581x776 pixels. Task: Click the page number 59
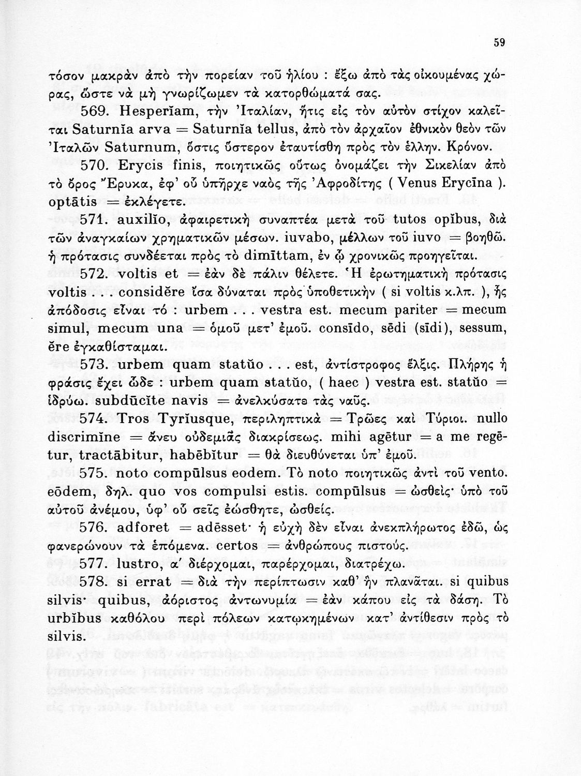click(x=499, y=43)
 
